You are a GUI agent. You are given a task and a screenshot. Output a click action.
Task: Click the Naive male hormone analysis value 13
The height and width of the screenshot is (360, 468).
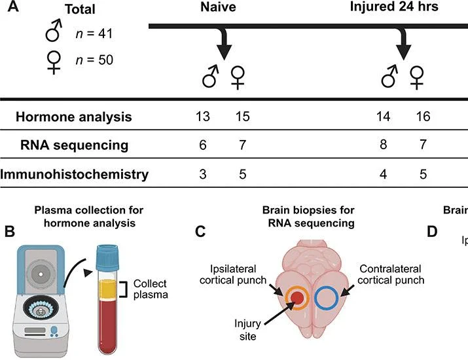pyautogui.click(x=203, y=117)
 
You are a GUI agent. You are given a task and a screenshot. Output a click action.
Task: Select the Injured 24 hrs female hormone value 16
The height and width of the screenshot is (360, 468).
pyautogui.click(x=423, y=117)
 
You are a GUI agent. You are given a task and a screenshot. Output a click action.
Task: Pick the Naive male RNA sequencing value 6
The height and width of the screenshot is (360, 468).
pyautogui.click(x=203, y=145)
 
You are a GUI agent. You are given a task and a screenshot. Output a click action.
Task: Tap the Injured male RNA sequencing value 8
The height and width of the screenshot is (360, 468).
pyautogui.click(x=383, y=145)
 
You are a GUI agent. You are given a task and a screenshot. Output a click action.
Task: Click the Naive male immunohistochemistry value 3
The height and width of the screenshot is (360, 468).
pyautogui.click(x=203, y=174)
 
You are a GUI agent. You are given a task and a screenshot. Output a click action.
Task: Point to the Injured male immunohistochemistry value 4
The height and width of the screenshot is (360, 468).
pyautogui.click(x=383, y=174)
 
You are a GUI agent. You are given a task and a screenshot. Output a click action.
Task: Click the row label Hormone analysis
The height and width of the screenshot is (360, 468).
pyautogui.click(x=74, y=117)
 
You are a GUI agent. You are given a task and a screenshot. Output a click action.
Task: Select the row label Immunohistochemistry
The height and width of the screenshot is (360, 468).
pyautogui.click(x=75, y=174)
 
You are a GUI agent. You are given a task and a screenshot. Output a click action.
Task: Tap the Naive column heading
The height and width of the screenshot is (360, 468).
pyautogui.click(x=218, y=7)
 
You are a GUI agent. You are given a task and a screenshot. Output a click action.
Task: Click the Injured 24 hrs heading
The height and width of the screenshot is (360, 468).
pyautogui.click(x=394, y=7)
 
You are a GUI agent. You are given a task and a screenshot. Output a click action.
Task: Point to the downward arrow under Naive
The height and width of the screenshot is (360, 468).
pyautogui.click(x=225, y=43)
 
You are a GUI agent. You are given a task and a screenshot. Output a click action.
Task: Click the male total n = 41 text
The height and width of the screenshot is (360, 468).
pyautogui.click(x=94, y=33)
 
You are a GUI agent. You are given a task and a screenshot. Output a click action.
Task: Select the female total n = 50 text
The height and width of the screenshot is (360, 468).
pyautogui.click(x=94, y=60)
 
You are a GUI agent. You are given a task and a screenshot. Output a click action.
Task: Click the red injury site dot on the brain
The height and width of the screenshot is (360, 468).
pyautogui.click(x=297, y=298)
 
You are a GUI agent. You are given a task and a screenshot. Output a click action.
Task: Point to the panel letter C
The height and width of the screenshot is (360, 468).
pyautogui.click(x=200, y=232)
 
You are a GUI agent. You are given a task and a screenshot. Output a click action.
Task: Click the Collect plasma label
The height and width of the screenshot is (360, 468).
pyautogui.click(x=151, y=289)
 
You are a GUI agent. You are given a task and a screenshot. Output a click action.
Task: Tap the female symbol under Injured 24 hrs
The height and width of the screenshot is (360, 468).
pyautogui.click(x=417, y=78)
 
